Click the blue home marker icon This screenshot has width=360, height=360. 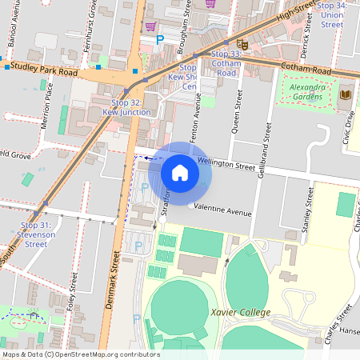(180, 172)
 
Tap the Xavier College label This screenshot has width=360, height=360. (240, 312)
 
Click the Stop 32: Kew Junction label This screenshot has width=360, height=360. (126, 108)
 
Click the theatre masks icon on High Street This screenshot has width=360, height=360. (242, 45)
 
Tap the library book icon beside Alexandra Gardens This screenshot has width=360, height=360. (346, 95)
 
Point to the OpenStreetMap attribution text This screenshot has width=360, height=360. (80, 354)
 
